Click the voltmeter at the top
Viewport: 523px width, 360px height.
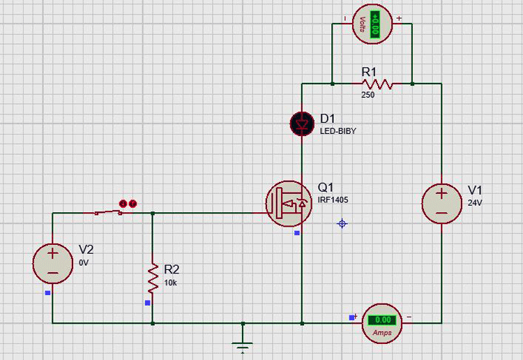point(372,25)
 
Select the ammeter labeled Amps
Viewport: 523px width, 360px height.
point(382,323)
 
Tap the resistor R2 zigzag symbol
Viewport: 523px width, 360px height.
point(152,277)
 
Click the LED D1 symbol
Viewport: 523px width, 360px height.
point(302,124)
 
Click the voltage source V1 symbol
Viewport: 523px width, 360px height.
point(442,203)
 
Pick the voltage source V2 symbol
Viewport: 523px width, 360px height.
point(53,263)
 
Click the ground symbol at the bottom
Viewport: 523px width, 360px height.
point(243,346)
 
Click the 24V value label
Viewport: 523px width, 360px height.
point(475,204)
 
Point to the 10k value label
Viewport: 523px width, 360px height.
point(171,283)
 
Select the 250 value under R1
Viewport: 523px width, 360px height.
point(367,95)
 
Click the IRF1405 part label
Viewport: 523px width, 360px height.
point(333,200)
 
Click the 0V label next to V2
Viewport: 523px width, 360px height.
point(84,263)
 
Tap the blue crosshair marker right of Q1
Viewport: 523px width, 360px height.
point(342,223)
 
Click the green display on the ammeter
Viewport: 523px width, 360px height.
point(383,320)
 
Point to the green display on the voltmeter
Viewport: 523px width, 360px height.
point(377,24)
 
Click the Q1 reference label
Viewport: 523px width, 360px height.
point(326,188)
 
